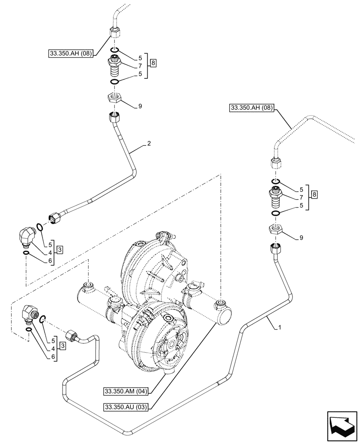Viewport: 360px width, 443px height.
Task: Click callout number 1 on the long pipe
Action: click(x=279, y=327)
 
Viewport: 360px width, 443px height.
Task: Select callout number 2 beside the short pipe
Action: click(x=149, y=144)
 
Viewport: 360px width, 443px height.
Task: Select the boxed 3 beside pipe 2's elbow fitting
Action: click(x=59, y=249)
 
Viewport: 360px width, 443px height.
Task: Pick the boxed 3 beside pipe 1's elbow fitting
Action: click(x=63, y=346)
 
